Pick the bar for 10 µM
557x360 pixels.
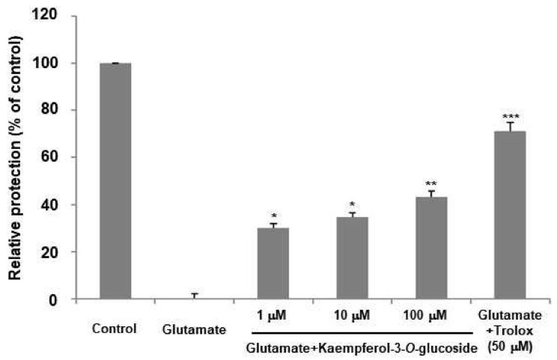click(352, 258)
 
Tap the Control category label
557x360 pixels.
click(115, 328)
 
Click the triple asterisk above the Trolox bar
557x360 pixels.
click(509, 117)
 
